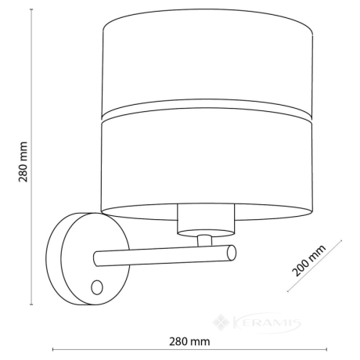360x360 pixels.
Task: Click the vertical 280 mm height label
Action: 23,162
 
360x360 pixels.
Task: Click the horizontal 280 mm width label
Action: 189,341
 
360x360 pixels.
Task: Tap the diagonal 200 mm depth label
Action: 309,260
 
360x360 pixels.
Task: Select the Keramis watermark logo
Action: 257,322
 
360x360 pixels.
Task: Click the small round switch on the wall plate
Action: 97,287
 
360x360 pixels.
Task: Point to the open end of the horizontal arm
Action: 232,253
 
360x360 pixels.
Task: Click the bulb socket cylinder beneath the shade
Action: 206,221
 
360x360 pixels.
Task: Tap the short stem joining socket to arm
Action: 204,241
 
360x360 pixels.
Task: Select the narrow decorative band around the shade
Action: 207,110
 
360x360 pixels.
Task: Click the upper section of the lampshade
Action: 207,60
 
